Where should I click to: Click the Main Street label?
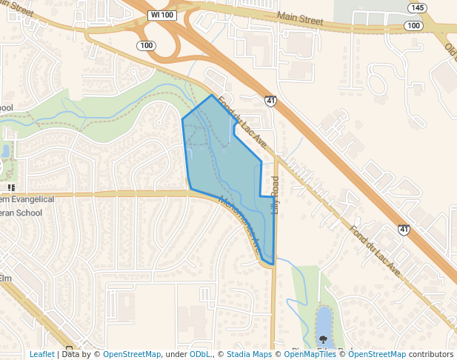coord(300,18)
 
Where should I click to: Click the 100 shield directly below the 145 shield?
coord(414,26)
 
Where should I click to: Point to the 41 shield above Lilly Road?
coord(271,100)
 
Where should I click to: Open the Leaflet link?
coord(41,354)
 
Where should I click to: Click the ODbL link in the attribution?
coord(200,354)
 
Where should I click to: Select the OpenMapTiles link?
coord(307,354)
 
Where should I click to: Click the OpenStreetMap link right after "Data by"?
coord(131,354)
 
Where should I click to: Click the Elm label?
coord(6,278)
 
